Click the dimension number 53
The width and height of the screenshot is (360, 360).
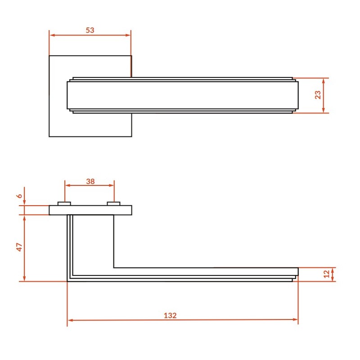coord(90,30)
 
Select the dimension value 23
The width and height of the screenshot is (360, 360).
coord(318,95)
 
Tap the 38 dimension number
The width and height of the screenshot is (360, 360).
coord(90,181)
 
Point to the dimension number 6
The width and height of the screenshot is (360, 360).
coord(20,196)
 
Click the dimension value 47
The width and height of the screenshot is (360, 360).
coord(20,247)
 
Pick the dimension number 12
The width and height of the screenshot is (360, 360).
coord(327,274)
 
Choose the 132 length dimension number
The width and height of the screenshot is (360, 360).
coord(170,315)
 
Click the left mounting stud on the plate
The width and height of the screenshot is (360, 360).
coord(64,204)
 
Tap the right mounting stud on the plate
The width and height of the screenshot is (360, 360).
coord(114,204)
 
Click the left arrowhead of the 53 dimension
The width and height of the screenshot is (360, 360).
coord(52,35)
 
